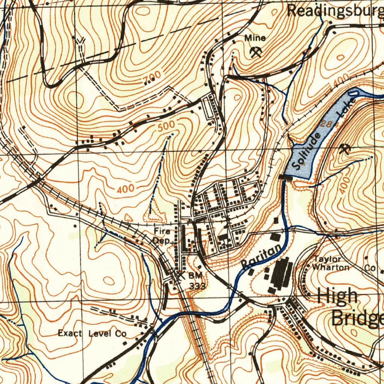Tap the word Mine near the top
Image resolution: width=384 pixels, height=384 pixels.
255,38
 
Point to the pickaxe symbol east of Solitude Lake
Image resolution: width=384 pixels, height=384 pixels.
344,150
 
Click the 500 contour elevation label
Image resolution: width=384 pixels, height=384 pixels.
166,126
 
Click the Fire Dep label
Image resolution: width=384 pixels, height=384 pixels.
162,236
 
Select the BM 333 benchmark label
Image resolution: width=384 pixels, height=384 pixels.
196,280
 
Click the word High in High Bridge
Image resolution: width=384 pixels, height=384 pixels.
337,296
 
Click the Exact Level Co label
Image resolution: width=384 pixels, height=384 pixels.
92,333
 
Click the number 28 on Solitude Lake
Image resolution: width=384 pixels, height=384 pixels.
326,125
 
